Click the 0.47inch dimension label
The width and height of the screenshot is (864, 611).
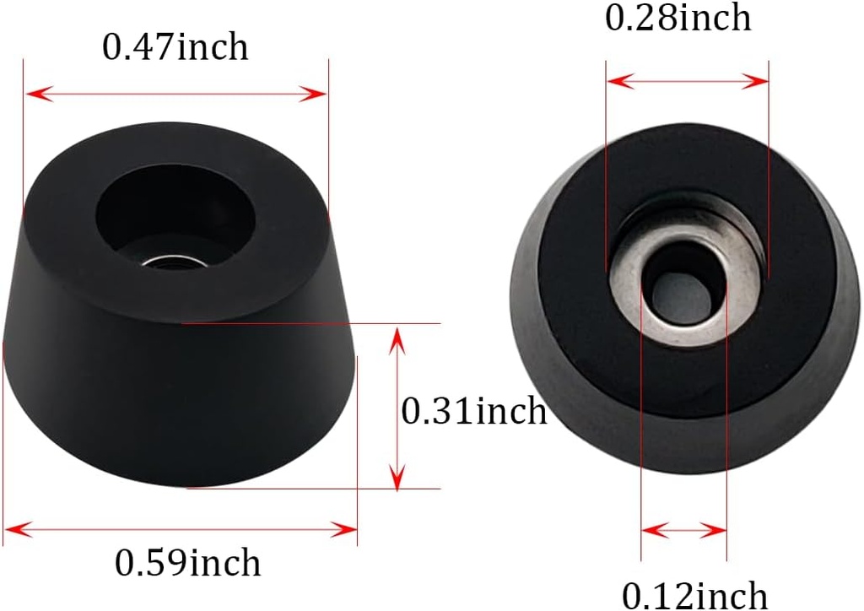[x=175, y=47]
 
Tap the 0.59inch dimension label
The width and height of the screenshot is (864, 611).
[x=187, y=562]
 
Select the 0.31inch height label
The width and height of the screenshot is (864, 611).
[x=473, y=411]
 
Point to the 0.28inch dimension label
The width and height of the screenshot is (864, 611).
[x=678, y=18]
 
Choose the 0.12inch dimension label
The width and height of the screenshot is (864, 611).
[x=695, y=594]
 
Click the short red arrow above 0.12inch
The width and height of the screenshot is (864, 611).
[x=683, y=531]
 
